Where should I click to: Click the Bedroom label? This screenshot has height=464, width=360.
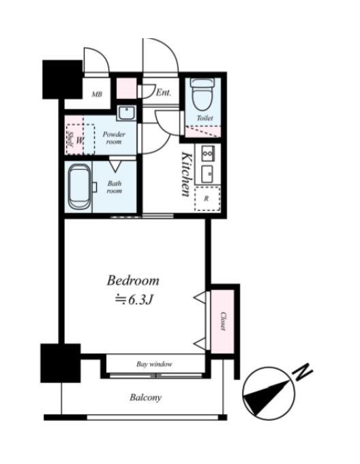pos(133,280)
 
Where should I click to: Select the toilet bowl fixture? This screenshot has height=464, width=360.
pos(202,93)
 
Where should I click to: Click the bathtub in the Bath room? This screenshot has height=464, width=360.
pos(80,187)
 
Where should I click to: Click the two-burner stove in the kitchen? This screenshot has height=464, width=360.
pos(208,154)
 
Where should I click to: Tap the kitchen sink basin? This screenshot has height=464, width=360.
pos(207,174)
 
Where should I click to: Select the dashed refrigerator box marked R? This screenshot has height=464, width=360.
pos(207,199)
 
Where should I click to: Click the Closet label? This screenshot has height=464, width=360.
pos(223,321)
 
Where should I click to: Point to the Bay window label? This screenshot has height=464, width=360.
pos(154,364)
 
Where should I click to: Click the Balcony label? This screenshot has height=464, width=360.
pos(146,397)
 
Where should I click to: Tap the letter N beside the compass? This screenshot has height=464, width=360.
pos(302,372)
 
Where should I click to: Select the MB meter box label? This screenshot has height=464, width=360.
pos(97,94)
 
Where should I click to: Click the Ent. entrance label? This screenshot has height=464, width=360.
pos(164,93)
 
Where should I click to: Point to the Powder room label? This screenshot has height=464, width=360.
pos(114,138)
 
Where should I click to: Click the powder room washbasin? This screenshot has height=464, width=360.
pos(127,113)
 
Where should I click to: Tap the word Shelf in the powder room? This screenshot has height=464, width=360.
pos(70,139)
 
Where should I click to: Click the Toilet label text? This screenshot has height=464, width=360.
pos(205,118)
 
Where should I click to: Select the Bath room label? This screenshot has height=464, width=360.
pos(115,187)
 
